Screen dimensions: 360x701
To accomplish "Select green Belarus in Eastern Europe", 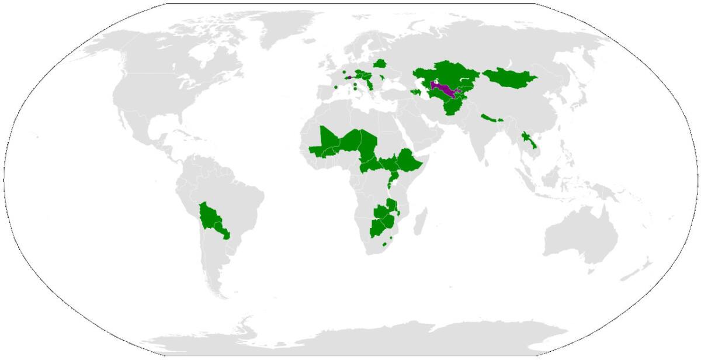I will click(380, 63).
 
